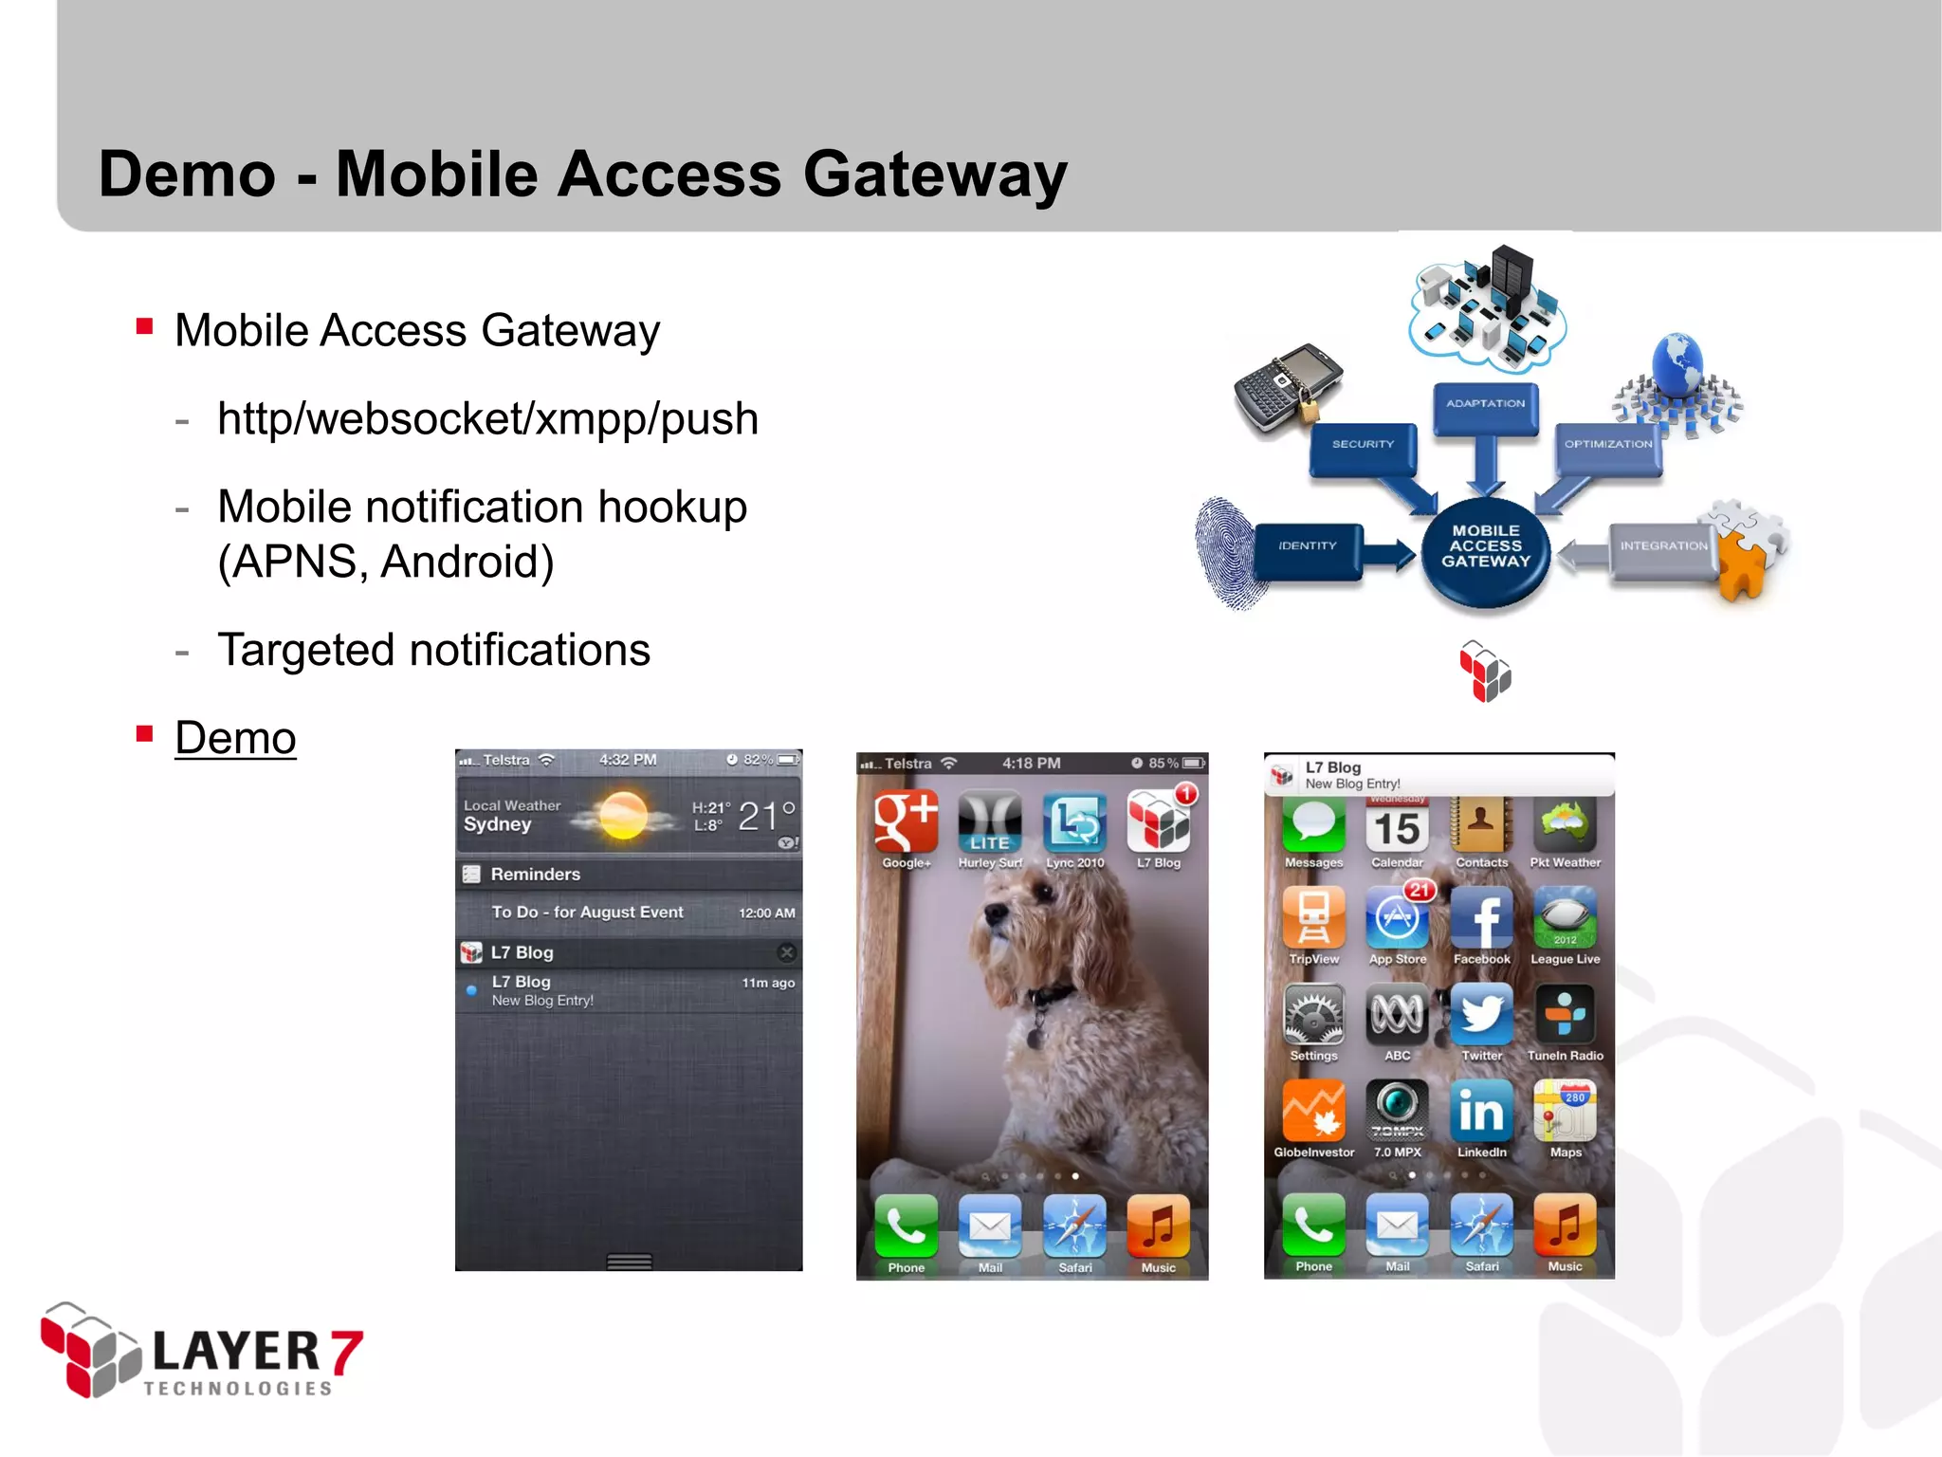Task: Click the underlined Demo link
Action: point(235,738)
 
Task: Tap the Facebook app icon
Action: point(1481,918)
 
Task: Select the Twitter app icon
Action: point(1481,1015)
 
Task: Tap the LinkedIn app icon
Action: point(1481,1112)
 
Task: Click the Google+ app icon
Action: point(906,821)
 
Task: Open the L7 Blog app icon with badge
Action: point(1159,821)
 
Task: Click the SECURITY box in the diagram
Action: point(1363,446)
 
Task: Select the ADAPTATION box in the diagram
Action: point(1485,406)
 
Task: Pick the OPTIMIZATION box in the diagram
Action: point(1608,446)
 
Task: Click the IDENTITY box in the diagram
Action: point(1308,547)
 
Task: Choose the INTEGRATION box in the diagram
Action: point(1663,547)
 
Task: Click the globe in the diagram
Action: point(1677,366)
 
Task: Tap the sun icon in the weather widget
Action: point(624,816)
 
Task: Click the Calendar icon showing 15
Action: point(1398,825)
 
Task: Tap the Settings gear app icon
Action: point(1313,1015)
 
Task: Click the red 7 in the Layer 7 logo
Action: point(346,1351)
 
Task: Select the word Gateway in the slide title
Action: point(935,175)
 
